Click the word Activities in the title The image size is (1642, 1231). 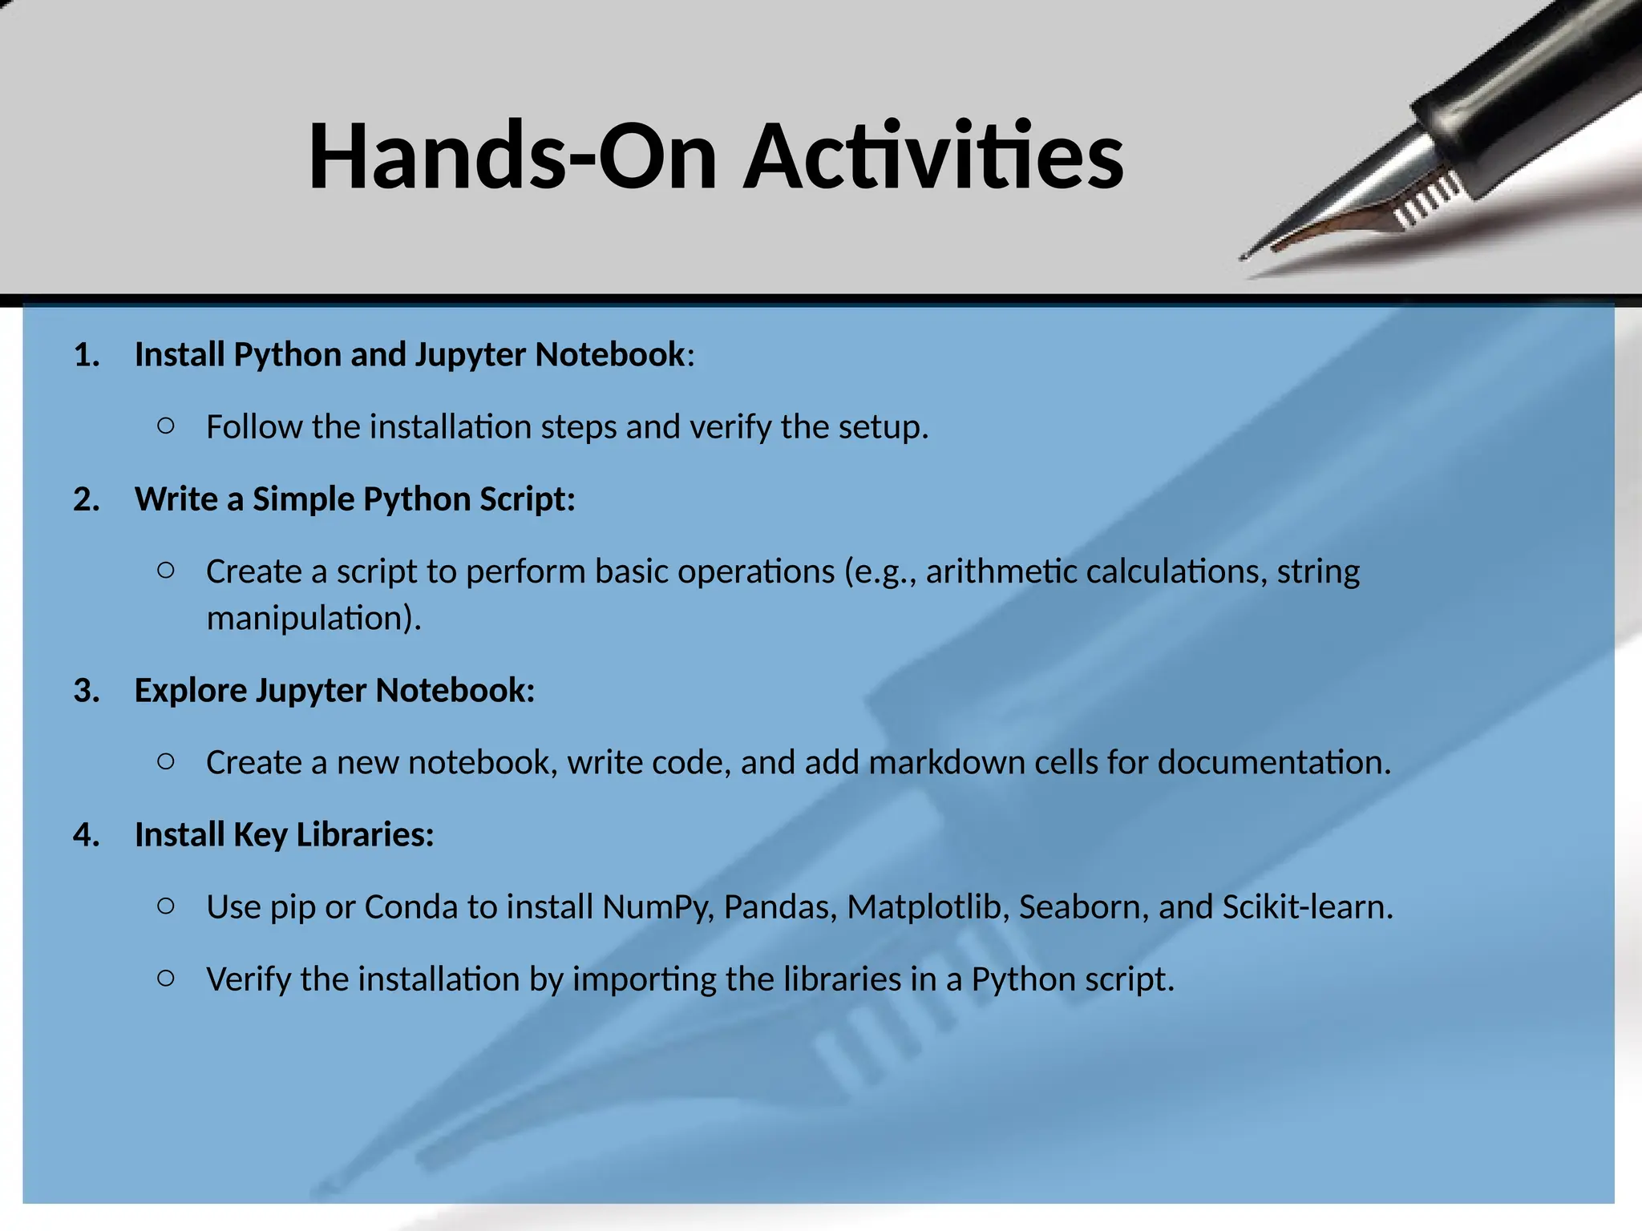[933, 156]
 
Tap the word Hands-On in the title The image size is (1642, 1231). [512, 156]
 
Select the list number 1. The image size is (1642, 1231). [87, 355]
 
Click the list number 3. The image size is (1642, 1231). [87, 691]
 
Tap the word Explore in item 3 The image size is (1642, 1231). [190, 691]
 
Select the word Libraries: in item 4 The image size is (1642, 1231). [365, 835]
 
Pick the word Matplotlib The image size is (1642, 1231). [928, 907]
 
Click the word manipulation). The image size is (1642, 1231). [313, 619]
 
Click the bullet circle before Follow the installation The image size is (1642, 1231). [166, 426]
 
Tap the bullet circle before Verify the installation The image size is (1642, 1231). [166, 978]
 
